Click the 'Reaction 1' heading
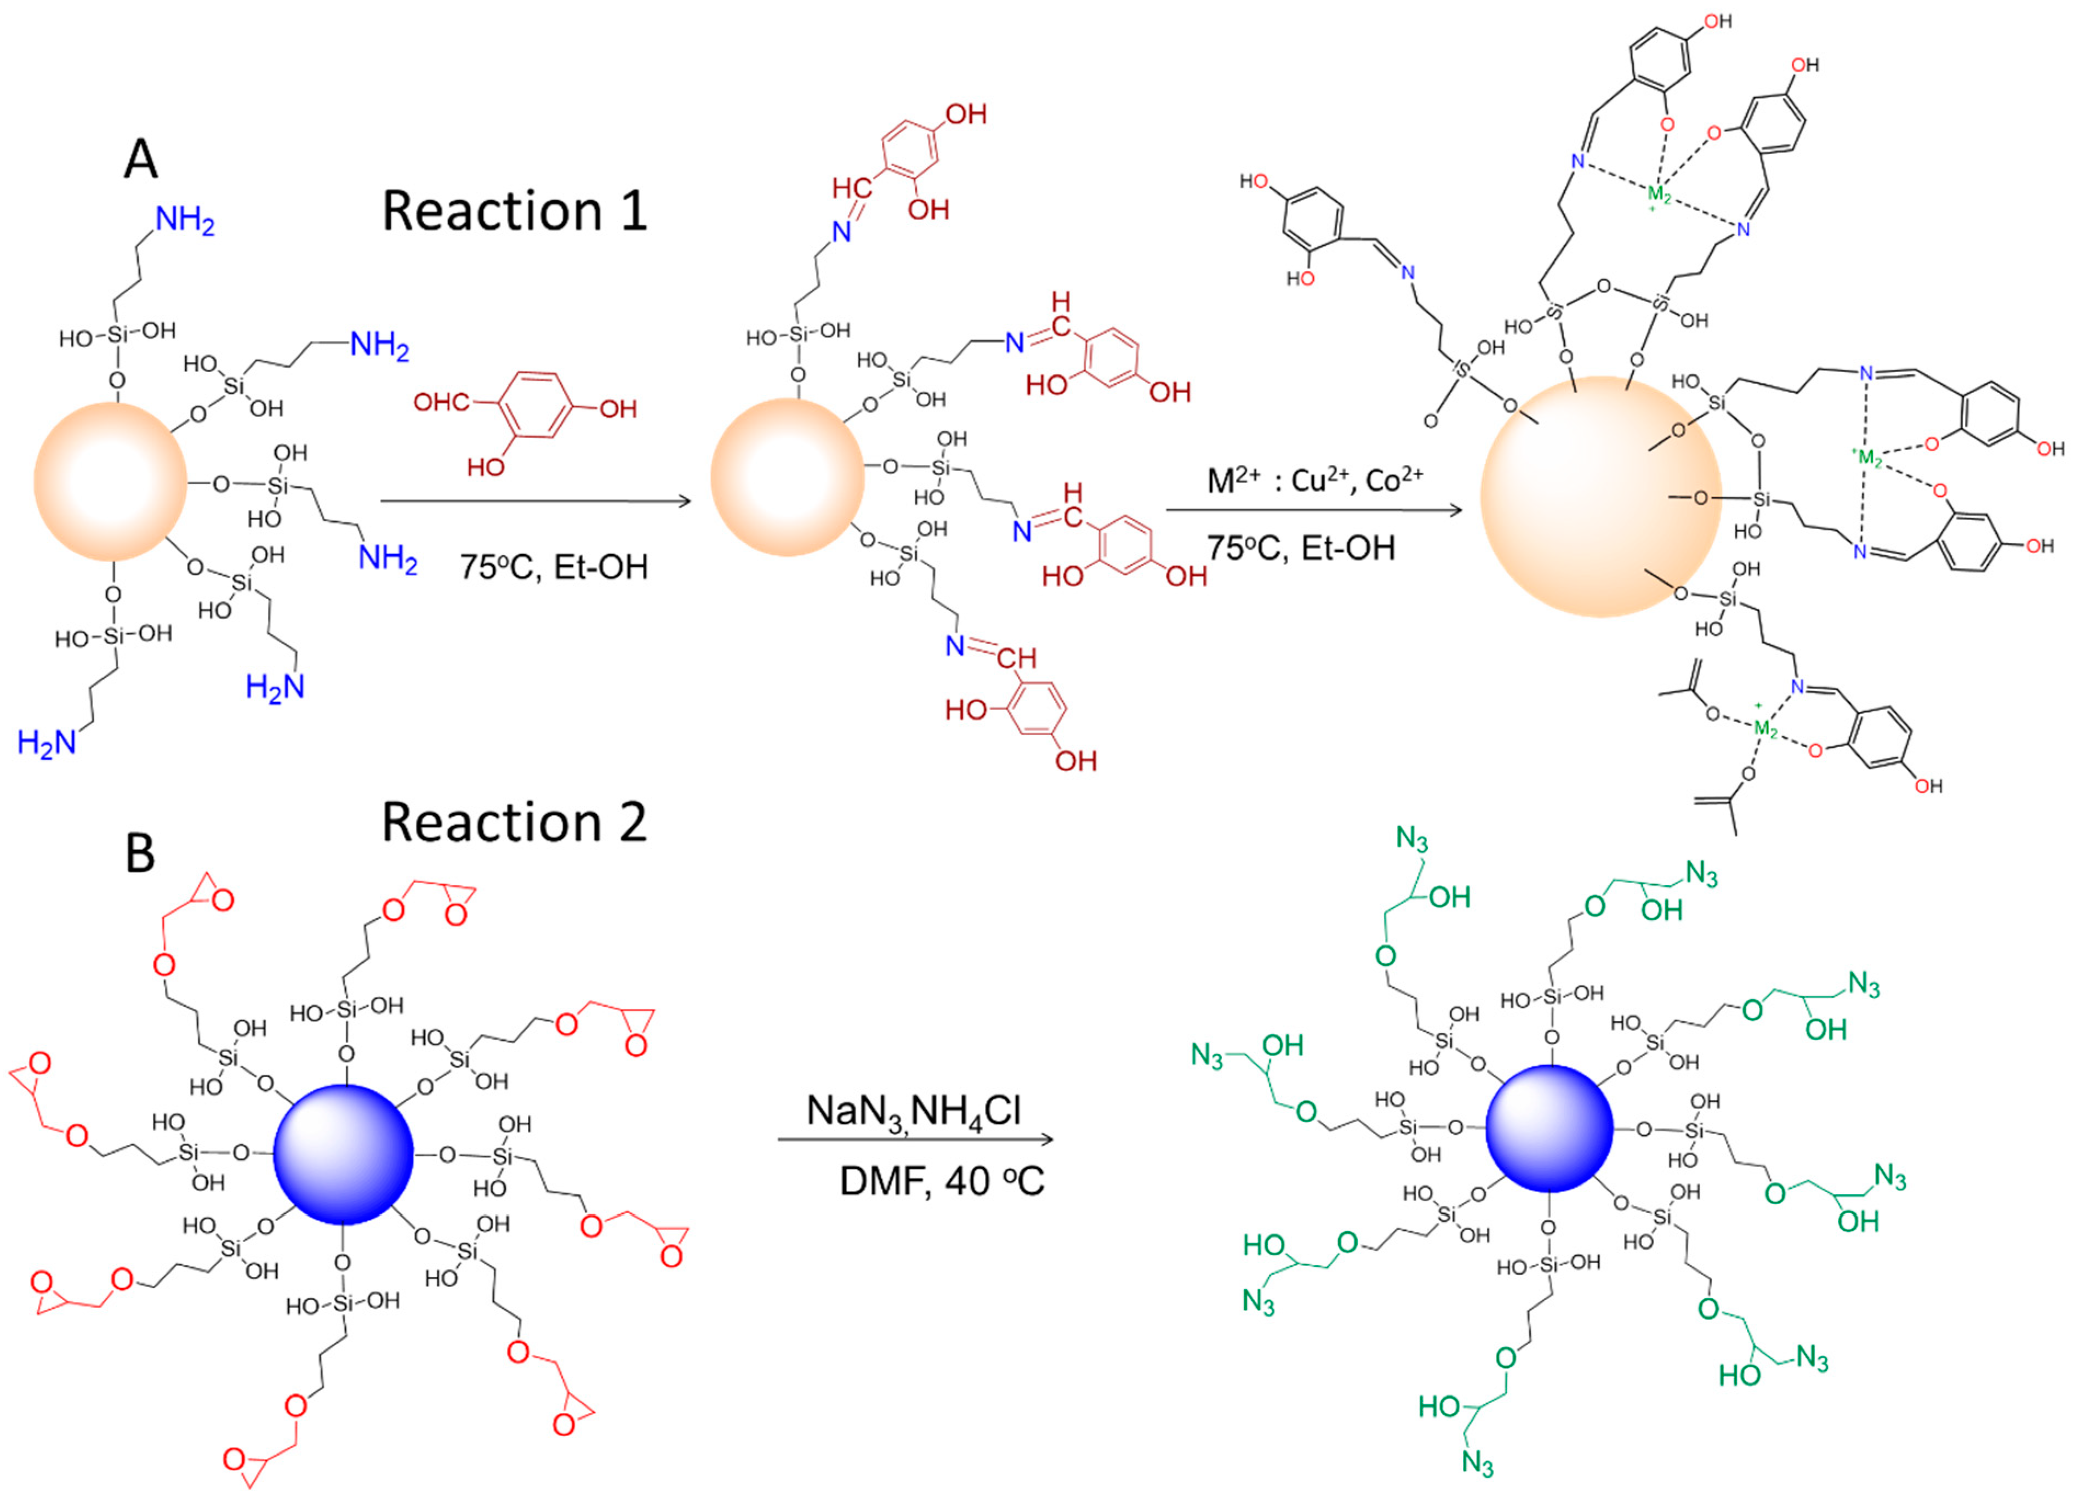(x=514, y=211)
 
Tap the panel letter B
(x=139, y=853)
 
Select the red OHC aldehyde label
(x=442, y=401)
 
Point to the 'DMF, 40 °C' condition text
(x=941, y=1182)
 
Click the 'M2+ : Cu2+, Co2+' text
(x=1315, y=479)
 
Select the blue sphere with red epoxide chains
(x=343, y=1154)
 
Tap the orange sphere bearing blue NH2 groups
(x=110, y=481)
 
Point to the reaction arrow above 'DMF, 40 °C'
(x=914, y=1140)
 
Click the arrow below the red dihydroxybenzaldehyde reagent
(x=535, y=500)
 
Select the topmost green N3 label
(x=1411, y=839)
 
